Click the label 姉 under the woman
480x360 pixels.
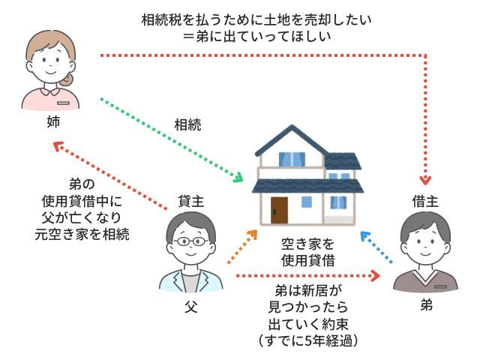(52, 120)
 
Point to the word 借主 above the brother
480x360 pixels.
(425, 200)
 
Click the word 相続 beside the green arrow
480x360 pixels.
(187, 124)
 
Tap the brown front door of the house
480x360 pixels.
(279, 211)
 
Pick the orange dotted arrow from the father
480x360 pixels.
(241, 247)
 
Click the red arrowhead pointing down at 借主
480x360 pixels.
(426, 180)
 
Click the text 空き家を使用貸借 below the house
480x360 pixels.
(307, 252)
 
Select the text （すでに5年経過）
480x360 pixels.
(307, 340)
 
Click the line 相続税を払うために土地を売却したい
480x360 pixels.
(256, 19)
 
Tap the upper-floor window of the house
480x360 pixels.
(289, 159)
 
